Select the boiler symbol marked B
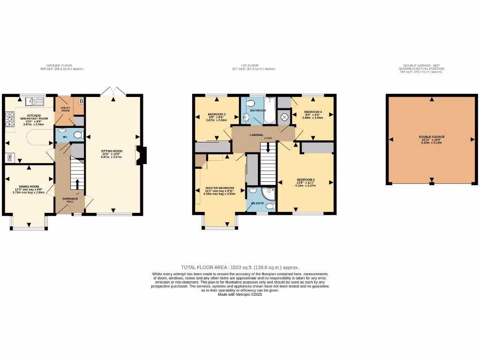81,101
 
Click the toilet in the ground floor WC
78,135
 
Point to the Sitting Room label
112,151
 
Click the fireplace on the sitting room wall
140,155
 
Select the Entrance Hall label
70,199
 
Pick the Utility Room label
65,109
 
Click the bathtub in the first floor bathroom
270,110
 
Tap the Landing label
256,135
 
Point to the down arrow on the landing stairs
268,148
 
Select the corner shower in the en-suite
269,194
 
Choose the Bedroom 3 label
217,115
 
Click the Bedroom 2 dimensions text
306,186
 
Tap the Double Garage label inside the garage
432,137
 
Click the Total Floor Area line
240,267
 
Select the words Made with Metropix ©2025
240,294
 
